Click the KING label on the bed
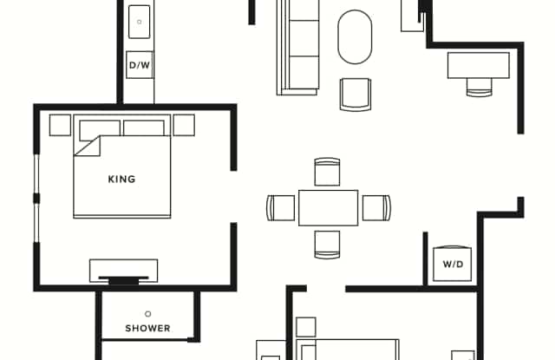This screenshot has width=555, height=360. (x=121, y=179)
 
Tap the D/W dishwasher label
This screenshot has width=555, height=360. (x=140, y=65)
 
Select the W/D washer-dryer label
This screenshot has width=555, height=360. (x=453, y=264)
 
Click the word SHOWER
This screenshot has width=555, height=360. (x=148, y=328)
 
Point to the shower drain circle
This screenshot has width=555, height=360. (x=148, y=314)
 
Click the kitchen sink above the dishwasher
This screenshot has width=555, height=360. (x=139, y=22)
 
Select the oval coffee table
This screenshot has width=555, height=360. (x=355, y=36)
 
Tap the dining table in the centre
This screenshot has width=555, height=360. (x=328, y=208)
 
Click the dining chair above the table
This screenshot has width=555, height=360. (x=327, y=172)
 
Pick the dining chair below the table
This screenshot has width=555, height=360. (x=327, y=245)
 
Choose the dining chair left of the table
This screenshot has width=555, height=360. (x=281, y=208)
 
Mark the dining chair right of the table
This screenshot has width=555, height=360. (x=376, y=208)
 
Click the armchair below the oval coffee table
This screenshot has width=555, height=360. (x=356, y=95)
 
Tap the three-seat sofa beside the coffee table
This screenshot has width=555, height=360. (x=297, y=48)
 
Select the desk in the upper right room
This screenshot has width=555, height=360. (x=478, y=65)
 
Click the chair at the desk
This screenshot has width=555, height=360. (x=480, y=88)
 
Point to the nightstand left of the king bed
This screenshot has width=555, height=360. (x=60, y=125)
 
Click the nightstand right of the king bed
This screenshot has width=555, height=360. (x=184, y=125)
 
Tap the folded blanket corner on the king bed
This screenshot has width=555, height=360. (x=88, y=146)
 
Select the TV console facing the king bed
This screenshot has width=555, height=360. (x=123, y=271)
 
